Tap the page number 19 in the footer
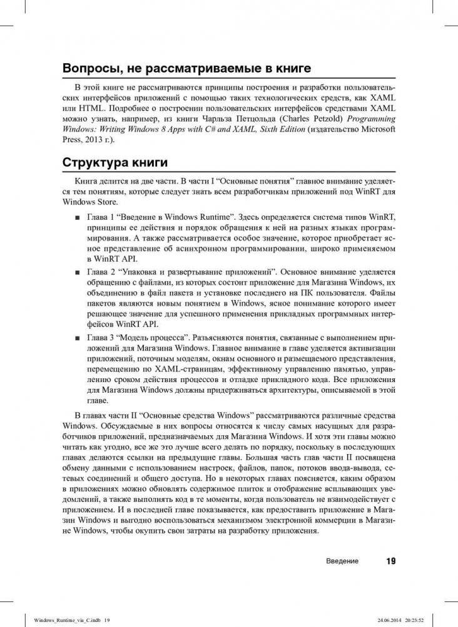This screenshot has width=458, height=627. click(x=390, y=561)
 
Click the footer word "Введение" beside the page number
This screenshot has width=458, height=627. click(x=342, y=561)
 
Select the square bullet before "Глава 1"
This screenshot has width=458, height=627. click(x=76, y=217)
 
